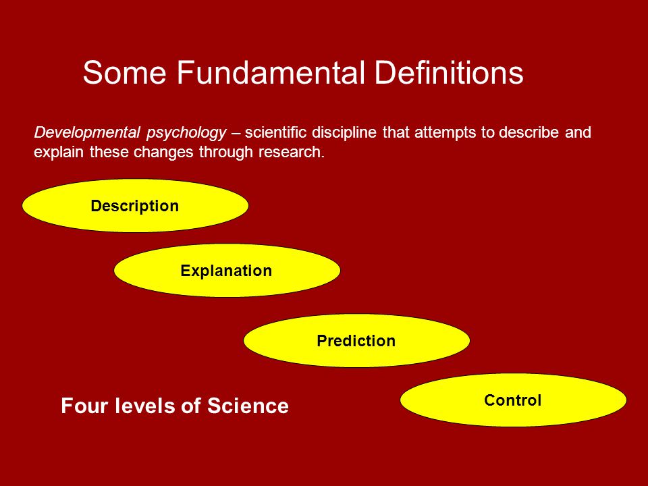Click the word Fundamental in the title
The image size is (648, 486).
(x=271, y=72)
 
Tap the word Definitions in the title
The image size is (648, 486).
(x=449, y=72)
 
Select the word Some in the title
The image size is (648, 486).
(x=124, y=72)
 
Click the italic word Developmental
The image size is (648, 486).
(x=87, y=133)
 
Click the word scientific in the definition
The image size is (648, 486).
(x=275, y=132)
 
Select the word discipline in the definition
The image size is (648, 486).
(x=344, y=133)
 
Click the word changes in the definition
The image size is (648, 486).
(x=164, y=153)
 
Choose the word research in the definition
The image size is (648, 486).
(x=292, y=152)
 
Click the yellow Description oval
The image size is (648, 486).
(x=135, y=205)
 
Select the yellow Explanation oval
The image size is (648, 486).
(x=227, y=270)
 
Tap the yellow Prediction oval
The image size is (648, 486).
(x=356, y=340)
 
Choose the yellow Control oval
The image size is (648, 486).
(x=513, y=400)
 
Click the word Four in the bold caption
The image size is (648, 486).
(x=85, y=406)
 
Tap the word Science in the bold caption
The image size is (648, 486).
(x=248, y=406)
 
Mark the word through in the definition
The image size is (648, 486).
(x=226, y=153)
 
